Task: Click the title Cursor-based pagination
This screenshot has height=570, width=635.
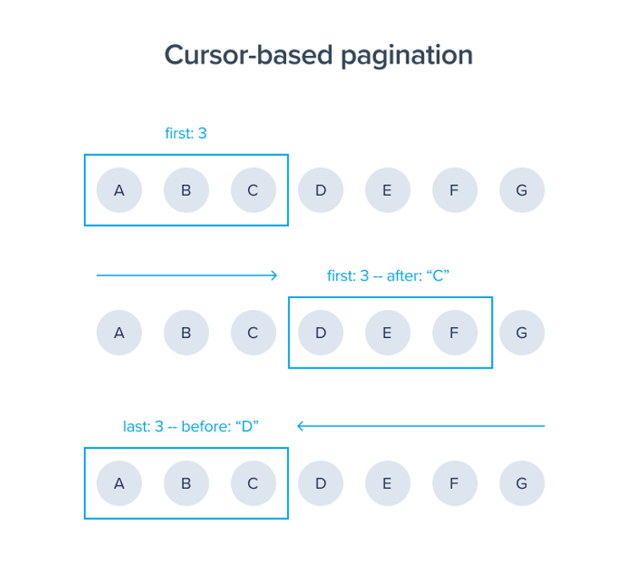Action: pyautogui.click(x=317, y=55)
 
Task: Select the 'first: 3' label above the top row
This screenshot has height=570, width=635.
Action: pyautogui.click(x=185, y=133)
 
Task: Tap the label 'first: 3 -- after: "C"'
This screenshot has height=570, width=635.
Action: pyautogui.click(x=388, y=275)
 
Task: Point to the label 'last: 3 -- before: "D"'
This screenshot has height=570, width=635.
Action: pyautogui.click(x=190, y=427)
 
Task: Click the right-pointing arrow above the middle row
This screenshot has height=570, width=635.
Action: pyautogui.click(x=187, y=275)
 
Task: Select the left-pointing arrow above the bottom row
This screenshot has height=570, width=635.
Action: pyautogui.click(x=421, y=426)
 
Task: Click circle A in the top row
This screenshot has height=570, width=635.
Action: pyautogui.click(x=119, y=191)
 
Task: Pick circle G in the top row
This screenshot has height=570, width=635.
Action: pyautogui.click(x=522, y=191)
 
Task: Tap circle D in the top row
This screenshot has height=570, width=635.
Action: pyautogui.click(x=320, y=191)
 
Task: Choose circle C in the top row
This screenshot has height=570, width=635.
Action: pyautogui.click(x=253, y=191)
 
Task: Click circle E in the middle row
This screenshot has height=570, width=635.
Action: pyautogui.click(x=387, y=333)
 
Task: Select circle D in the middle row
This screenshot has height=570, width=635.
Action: pyautogui.click(x=320, y=333)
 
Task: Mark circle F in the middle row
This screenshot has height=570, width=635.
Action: pyautogui.click(x=455, y=333)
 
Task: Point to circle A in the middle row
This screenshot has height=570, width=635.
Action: pyautogui.click(x=119, y=333)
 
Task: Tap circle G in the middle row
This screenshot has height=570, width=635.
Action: pyautogui.click(x=522, y=333)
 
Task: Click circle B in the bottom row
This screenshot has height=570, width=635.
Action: pyautogui.click(x=186, y=484)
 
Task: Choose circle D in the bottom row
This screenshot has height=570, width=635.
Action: pyautogui.click(x=320, y=484)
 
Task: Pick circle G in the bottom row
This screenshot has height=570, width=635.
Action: pyautogui.click(x=522, y=484)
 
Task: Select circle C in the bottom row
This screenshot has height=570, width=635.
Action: pyautogui.click(x=253, y=484)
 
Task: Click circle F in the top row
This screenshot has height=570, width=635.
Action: pyautogui.click(x=455, y=191)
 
